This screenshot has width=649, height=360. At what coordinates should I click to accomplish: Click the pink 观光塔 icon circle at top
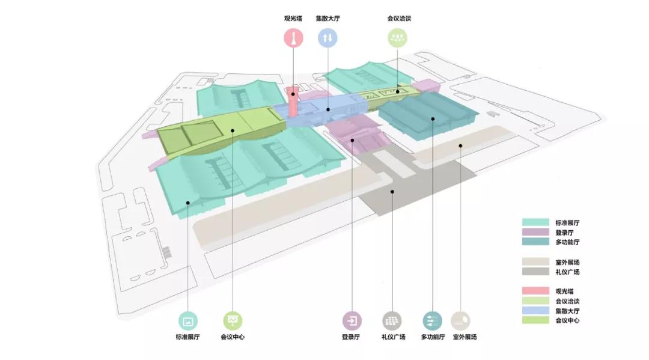[x=293, y=38]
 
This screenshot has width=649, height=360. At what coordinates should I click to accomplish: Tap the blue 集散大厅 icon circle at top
[x=328, y=38]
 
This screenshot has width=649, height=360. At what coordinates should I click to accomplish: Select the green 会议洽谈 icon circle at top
[x=397, y=38]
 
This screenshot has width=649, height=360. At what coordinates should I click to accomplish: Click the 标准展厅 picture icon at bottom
[x=188, y=320]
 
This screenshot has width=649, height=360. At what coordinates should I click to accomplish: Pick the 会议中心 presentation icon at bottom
[x=233, y=320]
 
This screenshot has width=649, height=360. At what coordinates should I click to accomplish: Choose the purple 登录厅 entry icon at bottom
[x=352, y=320]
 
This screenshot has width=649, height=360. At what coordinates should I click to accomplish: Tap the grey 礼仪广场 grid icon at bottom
[x=393, y=320]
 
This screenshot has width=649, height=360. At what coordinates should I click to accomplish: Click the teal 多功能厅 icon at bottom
[x=432, y=320]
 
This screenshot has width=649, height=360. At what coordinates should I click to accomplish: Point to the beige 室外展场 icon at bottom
[x=461, y=320]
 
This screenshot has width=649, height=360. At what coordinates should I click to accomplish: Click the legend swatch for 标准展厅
[x=534, y=222]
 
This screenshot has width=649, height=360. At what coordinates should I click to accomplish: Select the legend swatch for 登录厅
[x=534, y=232]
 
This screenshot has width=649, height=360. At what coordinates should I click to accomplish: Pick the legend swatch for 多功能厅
[x=534, y=242]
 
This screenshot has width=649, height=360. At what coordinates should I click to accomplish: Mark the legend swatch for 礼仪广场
[x=534, y=272]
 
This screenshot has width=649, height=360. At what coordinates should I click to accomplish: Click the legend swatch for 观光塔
[x=534, y=291]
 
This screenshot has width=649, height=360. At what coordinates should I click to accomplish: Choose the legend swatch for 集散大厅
[x=534, y=311]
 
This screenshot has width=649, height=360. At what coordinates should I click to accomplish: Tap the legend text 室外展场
[x=568, y=262]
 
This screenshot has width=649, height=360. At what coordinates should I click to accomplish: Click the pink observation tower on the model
[x=293, y=103]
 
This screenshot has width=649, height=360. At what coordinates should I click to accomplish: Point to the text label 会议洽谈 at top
[x=399, y=18]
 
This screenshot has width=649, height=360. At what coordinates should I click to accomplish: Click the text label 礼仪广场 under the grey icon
[x=393, y=337]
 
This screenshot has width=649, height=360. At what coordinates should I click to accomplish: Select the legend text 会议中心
[x=568, y=320]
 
